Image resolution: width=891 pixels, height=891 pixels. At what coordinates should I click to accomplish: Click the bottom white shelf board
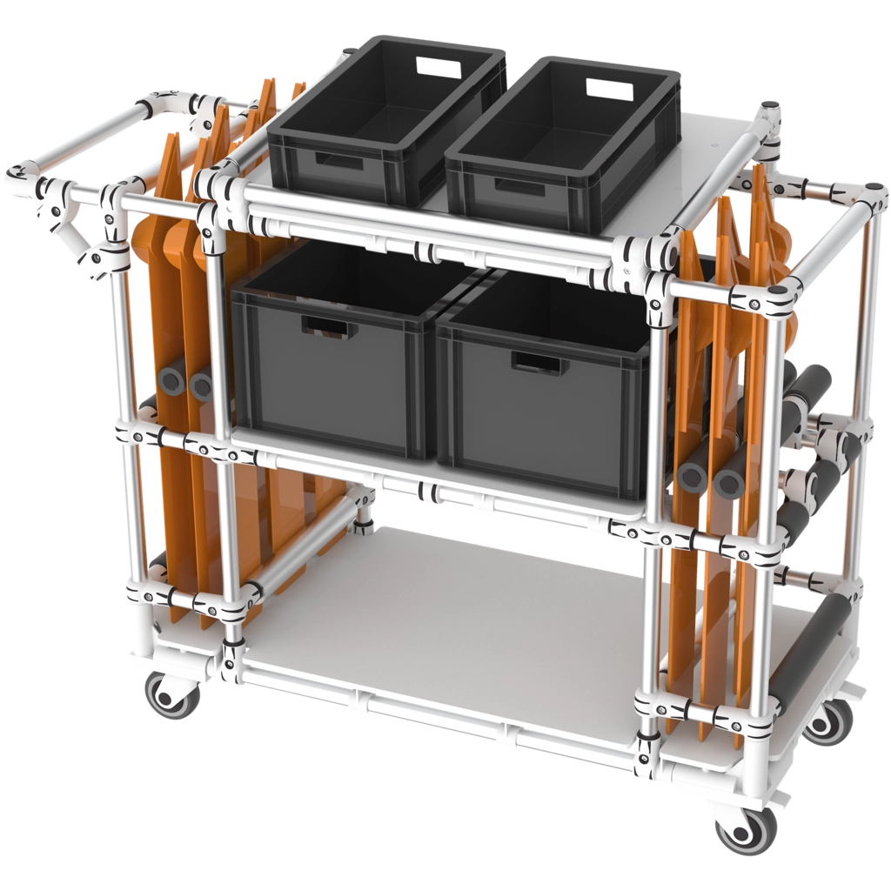tap(452, 609)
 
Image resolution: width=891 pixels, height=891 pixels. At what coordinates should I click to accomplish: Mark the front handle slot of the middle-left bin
tap(329, 329)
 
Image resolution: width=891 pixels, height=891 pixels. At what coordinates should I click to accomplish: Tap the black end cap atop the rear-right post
tap(768, 107)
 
